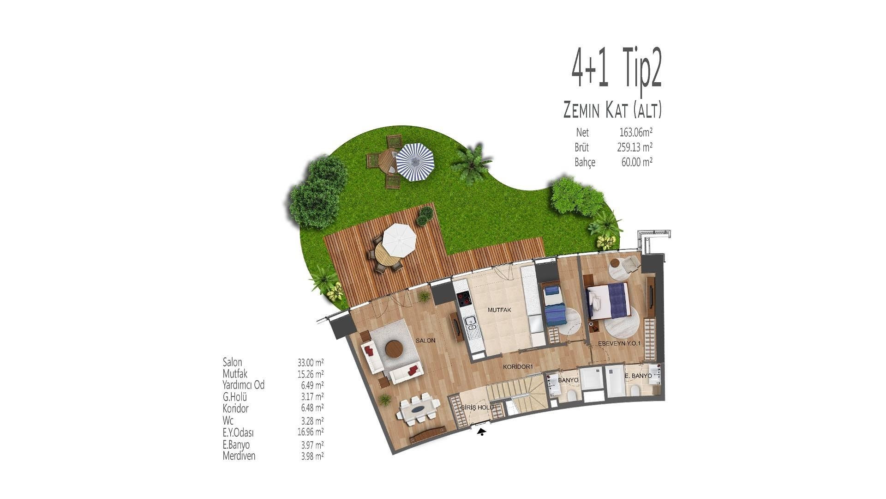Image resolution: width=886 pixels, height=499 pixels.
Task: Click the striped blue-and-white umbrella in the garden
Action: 415,162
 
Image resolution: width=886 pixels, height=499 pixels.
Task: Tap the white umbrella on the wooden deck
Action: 399,240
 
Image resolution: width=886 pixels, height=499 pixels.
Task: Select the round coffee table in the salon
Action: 394,349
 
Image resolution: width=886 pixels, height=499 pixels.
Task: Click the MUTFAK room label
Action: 500,310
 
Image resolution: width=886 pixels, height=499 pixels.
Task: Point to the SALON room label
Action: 425,341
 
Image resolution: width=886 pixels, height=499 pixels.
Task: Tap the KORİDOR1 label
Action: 518,367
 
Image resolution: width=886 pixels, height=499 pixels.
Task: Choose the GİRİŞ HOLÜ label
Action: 478,408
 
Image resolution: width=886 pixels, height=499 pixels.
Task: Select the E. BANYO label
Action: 638,376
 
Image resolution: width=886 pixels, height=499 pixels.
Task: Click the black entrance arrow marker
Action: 482,432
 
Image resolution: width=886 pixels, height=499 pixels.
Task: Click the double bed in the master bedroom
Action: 608,301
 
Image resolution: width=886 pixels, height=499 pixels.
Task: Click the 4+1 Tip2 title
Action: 617,73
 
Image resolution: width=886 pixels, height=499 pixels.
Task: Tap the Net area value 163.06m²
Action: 636,133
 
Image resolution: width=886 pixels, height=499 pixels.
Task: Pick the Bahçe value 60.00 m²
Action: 637,162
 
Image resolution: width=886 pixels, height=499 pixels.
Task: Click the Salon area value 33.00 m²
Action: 311,362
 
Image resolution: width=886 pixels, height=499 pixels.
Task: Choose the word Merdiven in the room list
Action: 239,456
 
